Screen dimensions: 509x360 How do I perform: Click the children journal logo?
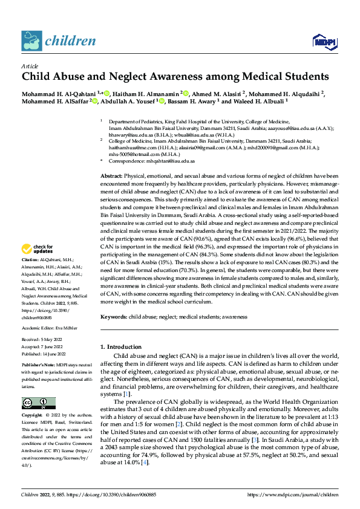(59, 41)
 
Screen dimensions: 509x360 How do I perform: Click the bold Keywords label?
(114, 316)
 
